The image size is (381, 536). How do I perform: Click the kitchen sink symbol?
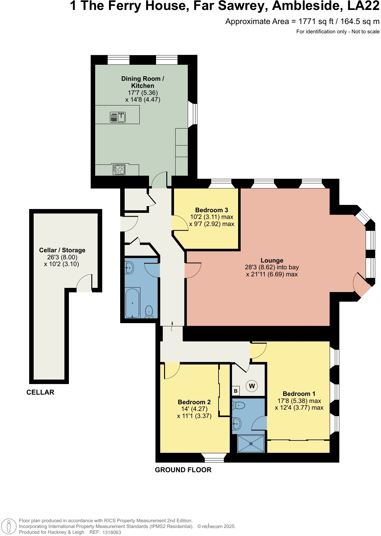click(x=118, y=117)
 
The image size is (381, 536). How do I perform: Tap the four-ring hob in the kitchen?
click(x=119, y=169)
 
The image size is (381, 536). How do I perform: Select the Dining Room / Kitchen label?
click(x=143, y=82)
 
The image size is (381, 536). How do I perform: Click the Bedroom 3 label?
click(x=211, y=210)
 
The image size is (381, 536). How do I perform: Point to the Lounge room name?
click(x=272, y=260)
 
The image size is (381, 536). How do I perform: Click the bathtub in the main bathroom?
click(x=132, y=303)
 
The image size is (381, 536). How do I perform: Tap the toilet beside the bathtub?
click(x=149, y=311)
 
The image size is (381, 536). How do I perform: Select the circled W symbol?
click(x=252, y=386)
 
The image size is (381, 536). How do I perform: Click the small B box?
click(x=236, y=391)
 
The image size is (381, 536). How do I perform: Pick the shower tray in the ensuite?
click(x=251, y=444)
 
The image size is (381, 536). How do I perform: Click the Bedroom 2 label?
click(x=194, y=402)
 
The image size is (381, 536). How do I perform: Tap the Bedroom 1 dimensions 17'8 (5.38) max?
click(x=299, y=401)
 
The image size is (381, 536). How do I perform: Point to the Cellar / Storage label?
click(x=62, y=250)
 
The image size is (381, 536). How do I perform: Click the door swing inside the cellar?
click(x=84, y=283)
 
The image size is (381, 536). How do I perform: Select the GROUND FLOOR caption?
click(x=183, y=470)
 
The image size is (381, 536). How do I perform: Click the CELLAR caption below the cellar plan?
click(x=40, y=392)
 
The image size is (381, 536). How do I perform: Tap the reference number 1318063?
click(x=112, y=532)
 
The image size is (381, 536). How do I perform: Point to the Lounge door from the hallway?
click(x=193, y=270)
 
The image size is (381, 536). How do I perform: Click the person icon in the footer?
click(x=9, y=526)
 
